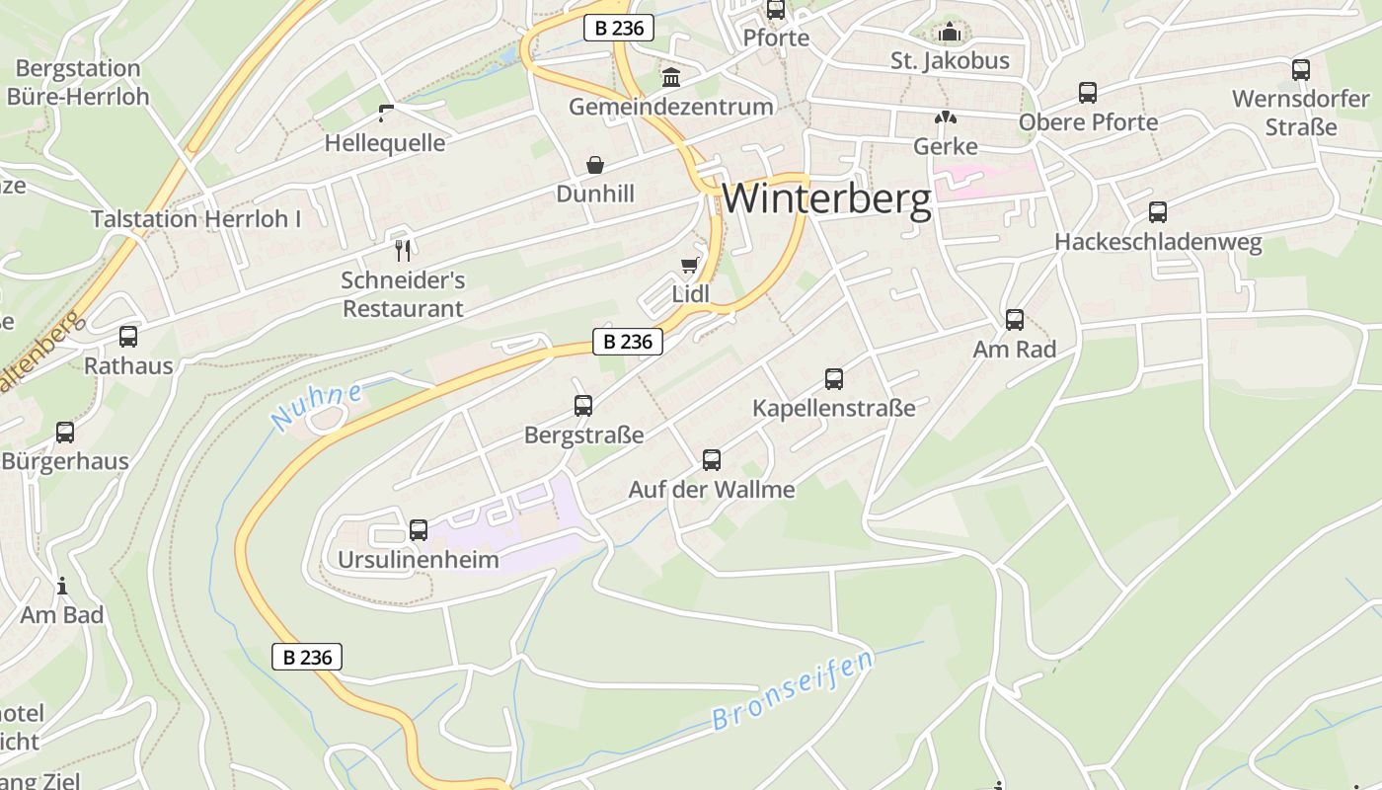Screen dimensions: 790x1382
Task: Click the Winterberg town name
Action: click(x=826, y=199)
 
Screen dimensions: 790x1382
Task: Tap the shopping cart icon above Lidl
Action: click(x=690, y=265)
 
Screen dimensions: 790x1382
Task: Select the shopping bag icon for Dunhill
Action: click(x=595, y=164)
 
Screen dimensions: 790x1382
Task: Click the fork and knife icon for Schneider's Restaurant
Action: click(x=402, y=250)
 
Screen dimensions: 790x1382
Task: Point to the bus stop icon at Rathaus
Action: click(x=128, y=337)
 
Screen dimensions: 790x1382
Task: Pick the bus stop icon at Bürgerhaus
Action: click(x=65, y=433)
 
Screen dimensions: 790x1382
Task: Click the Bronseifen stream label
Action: click(x=794, y=690)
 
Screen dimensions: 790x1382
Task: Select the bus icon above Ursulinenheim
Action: click(x=419, y=530)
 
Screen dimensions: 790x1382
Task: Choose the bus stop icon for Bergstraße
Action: click(x=583, y=406)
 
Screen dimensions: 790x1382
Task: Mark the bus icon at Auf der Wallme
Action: click(x=712, y=460)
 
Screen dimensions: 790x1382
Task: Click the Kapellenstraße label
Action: click(x=834, y=408)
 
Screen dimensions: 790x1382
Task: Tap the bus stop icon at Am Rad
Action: click(x=1015, y=320)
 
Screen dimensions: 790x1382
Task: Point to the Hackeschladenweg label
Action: click(x=1158, y=242)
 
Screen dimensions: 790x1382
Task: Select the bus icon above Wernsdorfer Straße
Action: click(x=1301, y=70)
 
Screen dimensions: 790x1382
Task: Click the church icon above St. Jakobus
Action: click(x=950, y=33)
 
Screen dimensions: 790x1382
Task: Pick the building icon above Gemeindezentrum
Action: click(x=671, y=77)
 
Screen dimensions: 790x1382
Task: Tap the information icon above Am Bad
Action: click(x=62, y=586)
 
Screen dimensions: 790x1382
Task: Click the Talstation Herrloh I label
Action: click(x=196, y=219)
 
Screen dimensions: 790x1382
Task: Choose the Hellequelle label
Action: click(x=385, y=143)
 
